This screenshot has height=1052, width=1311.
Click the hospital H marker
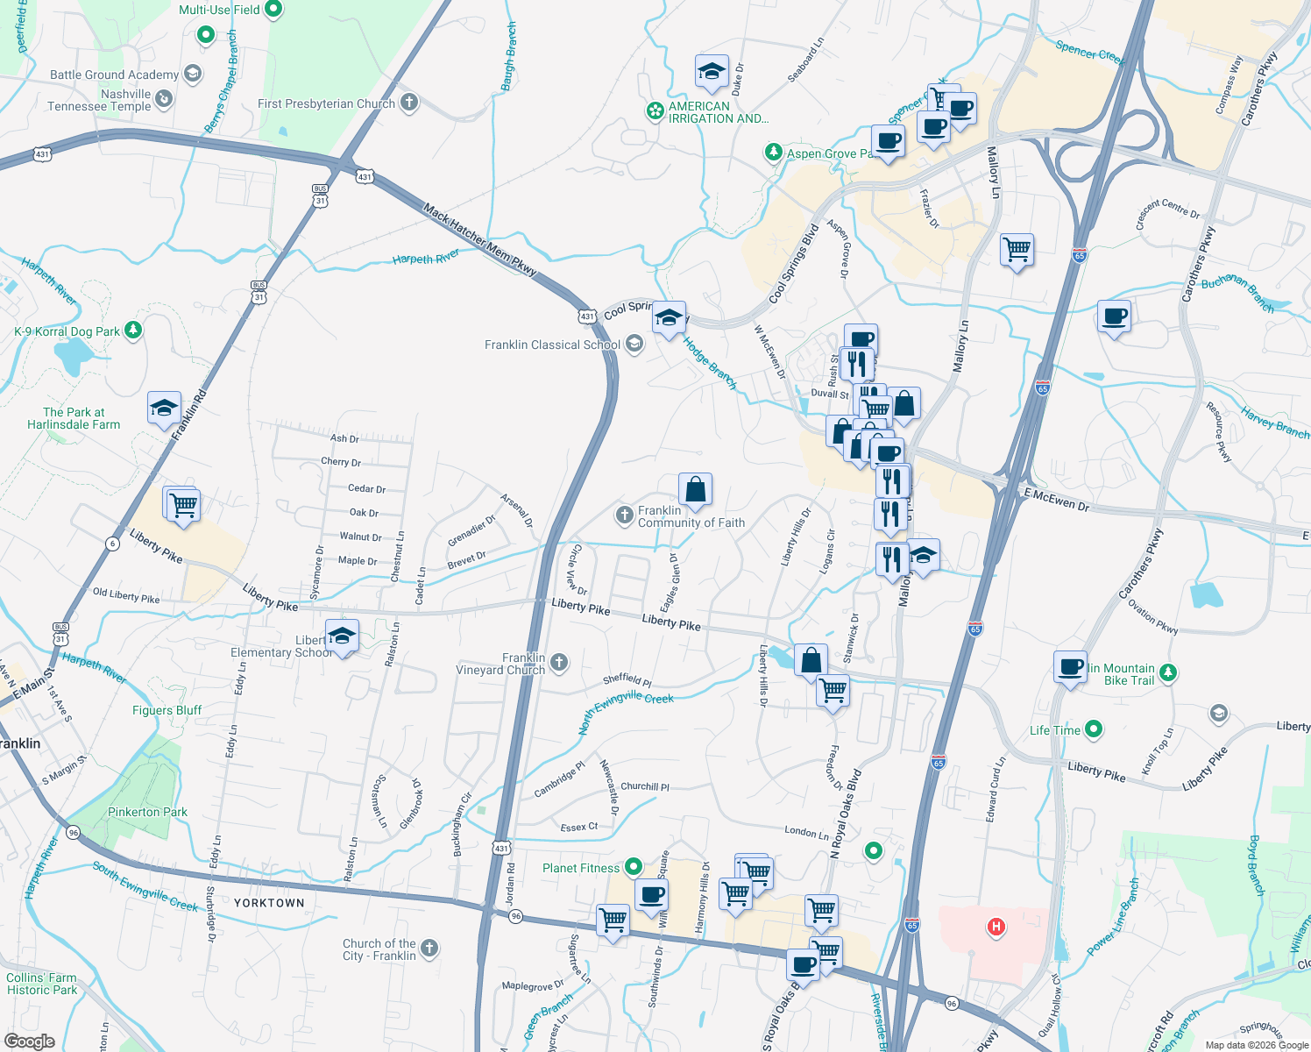[x=996, y=926]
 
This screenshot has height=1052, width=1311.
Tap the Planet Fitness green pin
[x=633, y=868]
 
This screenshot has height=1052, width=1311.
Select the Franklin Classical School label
[x=552, y=345]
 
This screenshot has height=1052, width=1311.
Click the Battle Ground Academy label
[x=114, y=75]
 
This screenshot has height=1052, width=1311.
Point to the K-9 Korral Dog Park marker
[x=133, y=331]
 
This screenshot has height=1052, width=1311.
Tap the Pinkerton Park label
[x=147, y=812]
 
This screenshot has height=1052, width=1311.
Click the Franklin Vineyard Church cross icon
[x=559, y=662]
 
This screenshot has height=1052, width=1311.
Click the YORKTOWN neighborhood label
[x=269, y=903]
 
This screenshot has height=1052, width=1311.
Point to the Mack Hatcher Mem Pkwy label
[x=479, y=240]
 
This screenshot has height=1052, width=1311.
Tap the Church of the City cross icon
[x=429, y=948]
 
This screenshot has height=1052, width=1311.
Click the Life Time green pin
[x=1093, y=729]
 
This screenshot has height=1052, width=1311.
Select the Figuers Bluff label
[x=167, y=710]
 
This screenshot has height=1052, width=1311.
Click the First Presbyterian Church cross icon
[x=408, y=103]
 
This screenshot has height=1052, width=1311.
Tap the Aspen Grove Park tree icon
[x=773, y=153]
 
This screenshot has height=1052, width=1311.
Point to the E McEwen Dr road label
[x=1056, y=501]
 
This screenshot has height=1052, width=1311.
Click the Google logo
[x=29, y=1041]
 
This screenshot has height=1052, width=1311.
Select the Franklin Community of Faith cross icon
[x=624, y=515]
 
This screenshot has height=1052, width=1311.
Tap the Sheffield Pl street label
[x=627, y=679]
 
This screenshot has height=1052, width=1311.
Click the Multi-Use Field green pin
[x=273, y=10]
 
